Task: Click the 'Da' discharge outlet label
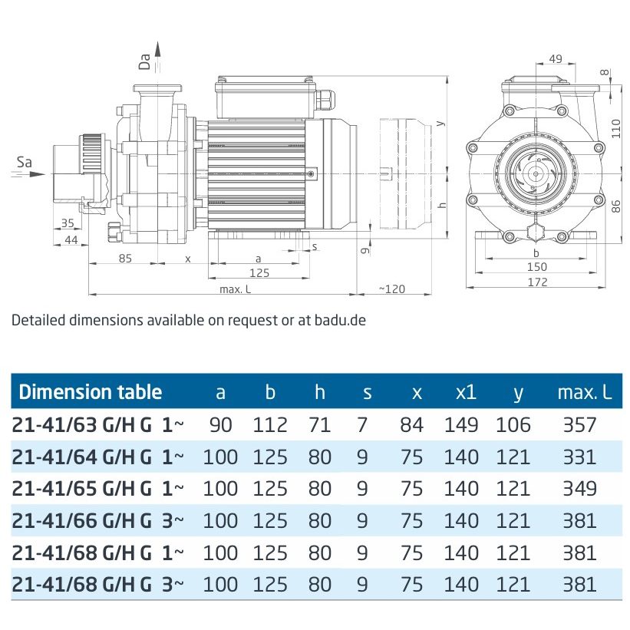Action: pyautogui.click(x=144, y=61)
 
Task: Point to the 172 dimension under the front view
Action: pyautogui.click(x=536, y=282)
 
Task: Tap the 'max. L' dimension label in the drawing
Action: pyautogui.click(x=236, y=289)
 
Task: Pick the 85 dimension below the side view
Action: pyautogui.click(x=125, y=259)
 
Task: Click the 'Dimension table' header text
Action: pyautogui.click(x=90, y=392)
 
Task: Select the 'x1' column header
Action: pyautogui.click(x=465, y=392)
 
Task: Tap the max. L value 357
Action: pyautogui.click(x=579, y=425)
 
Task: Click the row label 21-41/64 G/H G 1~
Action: pyautogui.click(x=98, y=457)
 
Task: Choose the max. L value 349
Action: pyautogui.click(x=579, y=488)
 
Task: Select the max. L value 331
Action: pyautogui.click(x=579, y=457)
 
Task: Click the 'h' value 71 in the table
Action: pyautogui.click(x=319, y=425)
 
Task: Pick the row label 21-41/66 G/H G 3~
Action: pyautogui.click(x=98, y=520)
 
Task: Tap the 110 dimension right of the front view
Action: pyautogui.click(x=615, y=127)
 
